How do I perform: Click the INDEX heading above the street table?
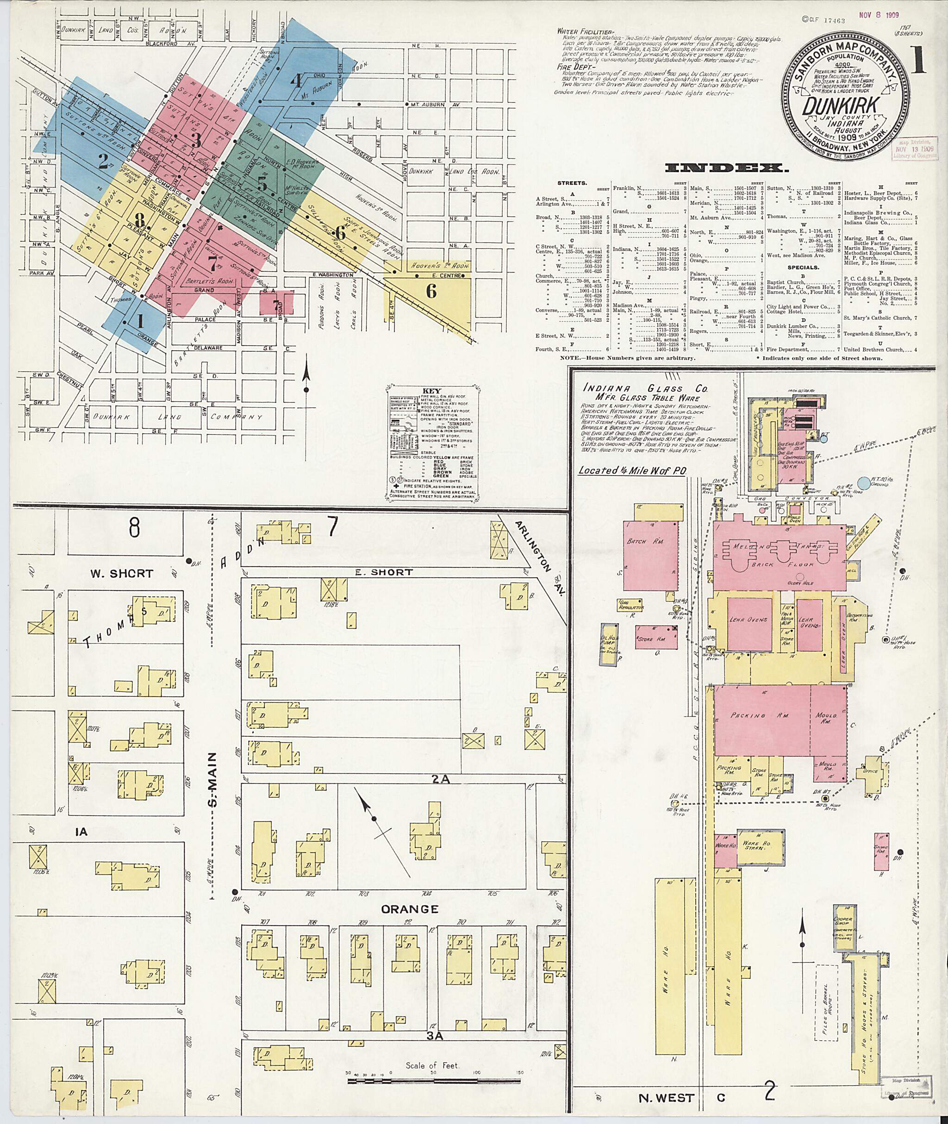(727, 168)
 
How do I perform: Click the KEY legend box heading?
(431, 391)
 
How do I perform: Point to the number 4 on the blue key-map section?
(296, 81)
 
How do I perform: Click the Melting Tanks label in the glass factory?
(779, 546)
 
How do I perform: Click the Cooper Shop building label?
(842, 919)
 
